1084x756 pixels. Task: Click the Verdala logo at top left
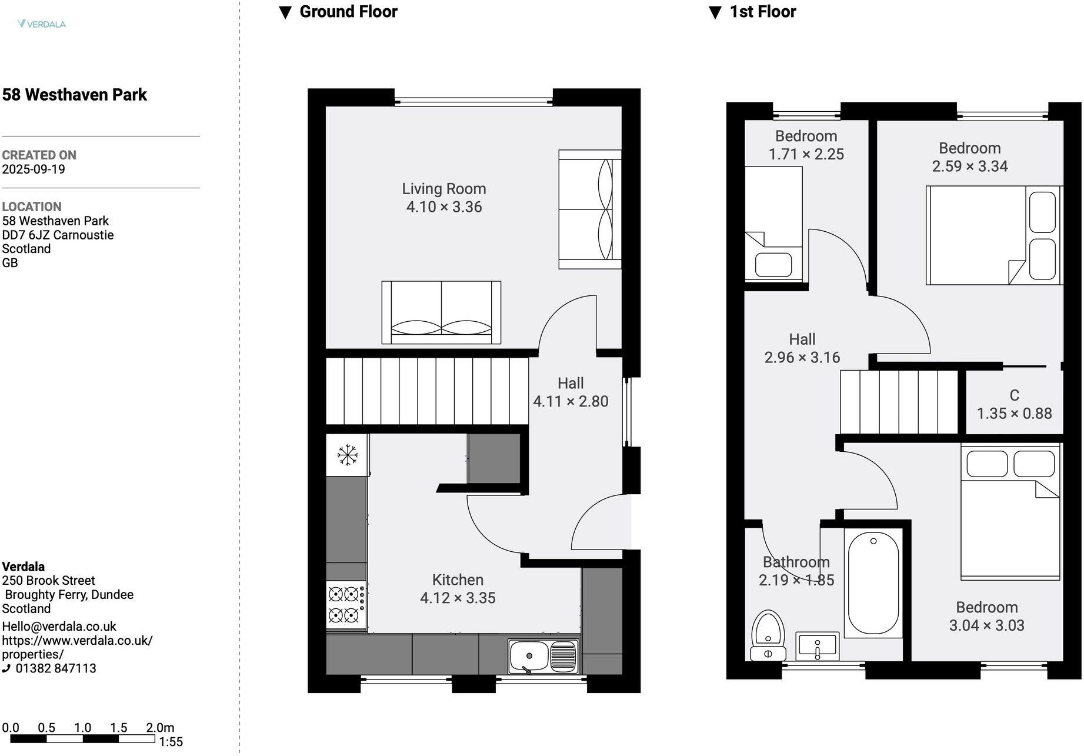41,24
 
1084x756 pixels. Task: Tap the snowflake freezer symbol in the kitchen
348,455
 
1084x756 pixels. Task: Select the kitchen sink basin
529,656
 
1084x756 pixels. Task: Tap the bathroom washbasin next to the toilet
817,647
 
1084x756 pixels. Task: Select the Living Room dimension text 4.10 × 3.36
444,207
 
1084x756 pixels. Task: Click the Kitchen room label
458,580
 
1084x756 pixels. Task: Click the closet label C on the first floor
1014,395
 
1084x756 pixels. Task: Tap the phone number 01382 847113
56,668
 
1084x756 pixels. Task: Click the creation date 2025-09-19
34,169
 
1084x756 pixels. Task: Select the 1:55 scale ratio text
171,742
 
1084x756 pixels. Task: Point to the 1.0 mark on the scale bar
82,728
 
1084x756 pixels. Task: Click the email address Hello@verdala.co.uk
59,627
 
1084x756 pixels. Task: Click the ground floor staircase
427,391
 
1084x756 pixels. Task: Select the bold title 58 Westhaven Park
75,95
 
